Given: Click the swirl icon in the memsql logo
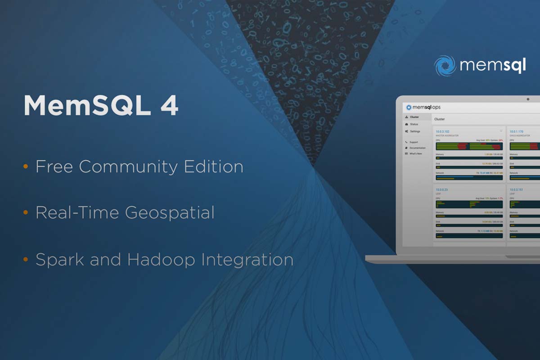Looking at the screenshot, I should tap(445, 66).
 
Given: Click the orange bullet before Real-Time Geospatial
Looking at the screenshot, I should tap(26, 213).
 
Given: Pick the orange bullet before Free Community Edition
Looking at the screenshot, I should tap(26, 167).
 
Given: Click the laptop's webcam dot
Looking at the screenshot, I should tap(528, 99).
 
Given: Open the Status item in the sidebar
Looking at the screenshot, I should tap(414, 124).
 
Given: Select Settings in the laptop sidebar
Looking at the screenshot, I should tap(414, 131).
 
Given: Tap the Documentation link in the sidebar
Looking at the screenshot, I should tap(417, 148).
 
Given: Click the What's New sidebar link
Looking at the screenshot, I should tap(415, 153).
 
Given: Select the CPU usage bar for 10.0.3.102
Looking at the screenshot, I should tap(469, 146).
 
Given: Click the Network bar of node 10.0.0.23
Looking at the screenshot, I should tap(469, 235).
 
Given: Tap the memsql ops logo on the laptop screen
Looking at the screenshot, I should tap(423, 107).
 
